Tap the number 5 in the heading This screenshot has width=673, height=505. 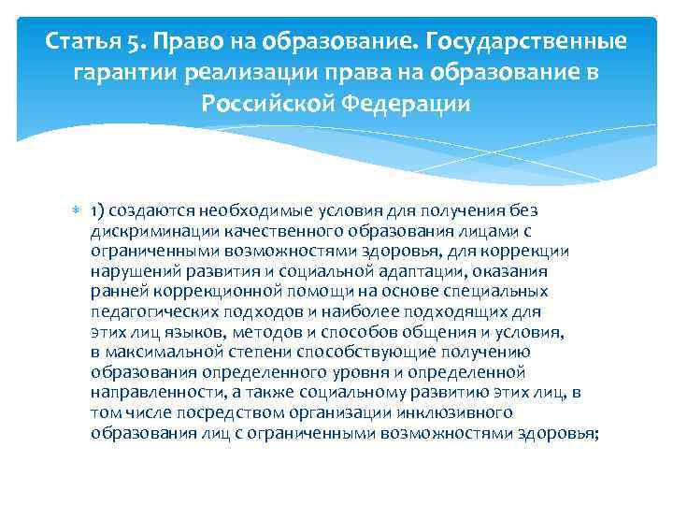tap(136, 43)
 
